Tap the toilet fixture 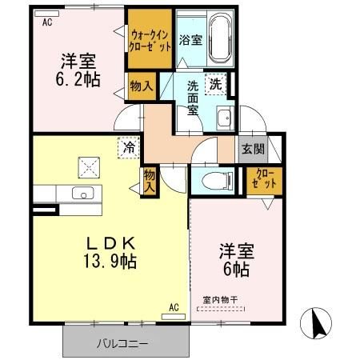(x=213, y=179)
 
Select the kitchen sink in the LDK (x=81, y=193)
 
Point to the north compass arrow (x=317, y=324)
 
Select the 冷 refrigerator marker (x=128, y=147)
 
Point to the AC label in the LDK (x=174, y=306)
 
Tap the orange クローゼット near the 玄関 (x=263, y=178)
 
